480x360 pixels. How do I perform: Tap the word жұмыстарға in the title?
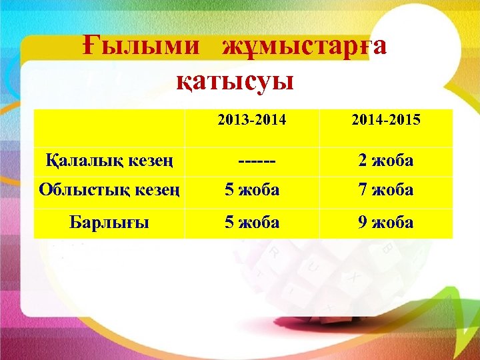(x=304, y=47)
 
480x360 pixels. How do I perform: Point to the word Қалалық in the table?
(x=79, y=161)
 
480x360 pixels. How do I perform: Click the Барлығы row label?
(x=109, y=222)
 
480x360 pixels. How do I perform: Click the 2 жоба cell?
(x=385, y=161)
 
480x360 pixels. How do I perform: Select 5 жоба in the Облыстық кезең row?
(x=252, y=190)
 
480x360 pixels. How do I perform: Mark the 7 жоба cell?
(x=385, y=190)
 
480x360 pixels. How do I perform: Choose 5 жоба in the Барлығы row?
(x=252, y=222)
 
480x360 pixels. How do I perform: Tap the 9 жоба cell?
(x=385, y=222)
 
